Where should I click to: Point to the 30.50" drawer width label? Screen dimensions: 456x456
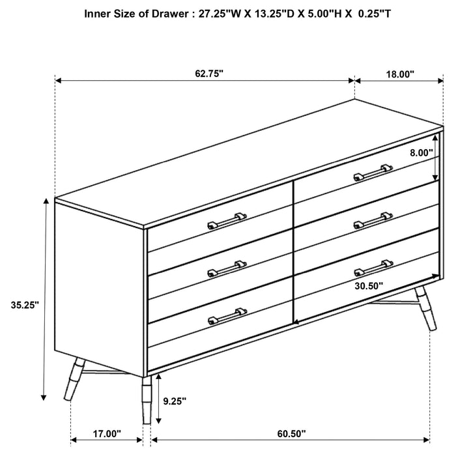pyautogui.click(x=369, y=285)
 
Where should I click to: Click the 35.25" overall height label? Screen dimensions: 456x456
pyautogui.click(x=25, y=304)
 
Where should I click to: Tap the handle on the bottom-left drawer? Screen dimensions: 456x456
pyautogui.click(x=227, y=315)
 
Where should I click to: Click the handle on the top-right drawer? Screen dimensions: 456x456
pyautogui.click(x=373, y=173)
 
